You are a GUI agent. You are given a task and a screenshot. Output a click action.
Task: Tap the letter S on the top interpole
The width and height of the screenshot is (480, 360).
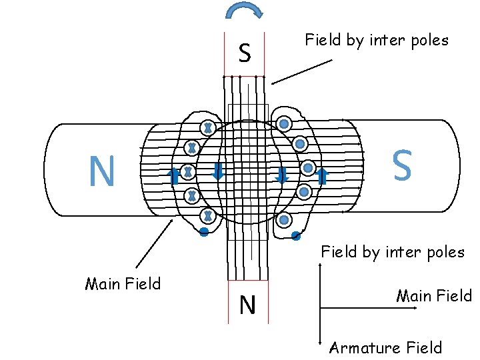point(245,53)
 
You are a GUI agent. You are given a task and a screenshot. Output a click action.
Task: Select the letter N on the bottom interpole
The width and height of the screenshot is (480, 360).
point(247,305)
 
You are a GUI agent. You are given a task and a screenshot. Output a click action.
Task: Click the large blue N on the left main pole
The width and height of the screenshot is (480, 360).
point(101,171)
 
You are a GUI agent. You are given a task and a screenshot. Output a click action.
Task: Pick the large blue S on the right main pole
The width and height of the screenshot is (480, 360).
point(401,165)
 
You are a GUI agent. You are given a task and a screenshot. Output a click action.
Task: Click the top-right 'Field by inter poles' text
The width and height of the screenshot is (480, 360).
point(377,40)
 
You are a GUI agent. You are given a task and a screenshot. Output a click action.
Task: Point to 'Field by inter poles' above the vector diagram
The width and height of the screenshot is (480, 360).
point(393,252)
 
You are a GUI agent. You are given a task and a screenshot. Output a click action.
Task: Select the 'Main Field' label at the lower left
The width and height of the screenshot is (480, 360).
point(123,284)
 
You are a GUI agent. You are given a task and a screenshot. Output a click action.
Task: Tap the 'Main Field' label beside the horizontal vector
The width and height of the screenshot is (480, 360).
point(433,295)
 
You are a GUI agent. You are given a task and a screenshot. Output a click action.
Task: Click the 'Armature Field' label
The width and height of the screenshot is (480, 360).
point(385,347)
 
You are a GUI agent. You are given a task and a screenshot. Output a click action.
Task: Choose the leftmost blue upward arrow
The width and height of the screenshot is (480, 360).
point(173,176)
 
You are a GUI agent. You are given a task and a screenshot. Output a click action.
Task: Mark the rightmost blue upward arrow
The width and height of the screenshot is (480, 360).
point(323,176)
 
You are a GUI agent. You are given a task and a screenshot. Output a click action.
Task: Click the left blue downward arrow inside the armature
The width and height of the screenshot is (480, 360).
point(217,173)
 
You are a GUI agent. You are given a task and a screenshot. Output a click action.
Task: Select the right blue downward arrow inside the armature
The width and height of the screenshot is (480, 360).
point(281,175)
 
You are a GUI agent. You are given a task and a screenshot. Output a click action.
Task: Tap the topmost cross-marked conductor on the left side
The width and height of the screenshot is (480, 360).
point(208,127)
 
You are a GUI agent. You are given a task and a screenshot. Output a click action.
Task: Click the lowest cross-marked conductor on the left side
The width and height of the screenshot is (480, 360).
point(208,215)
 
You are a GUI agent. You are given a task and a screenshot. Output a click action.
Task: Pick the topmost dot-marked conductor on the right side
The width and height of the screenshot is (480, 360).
point(284,124)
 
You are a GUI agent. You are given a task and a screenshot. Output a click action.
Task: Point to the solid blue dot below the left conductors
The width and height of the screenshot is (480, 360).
point(204,232)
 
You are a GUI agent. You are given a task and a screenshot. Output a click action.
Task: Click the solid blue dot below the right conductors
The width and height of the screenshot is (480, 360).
point(296,236)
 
